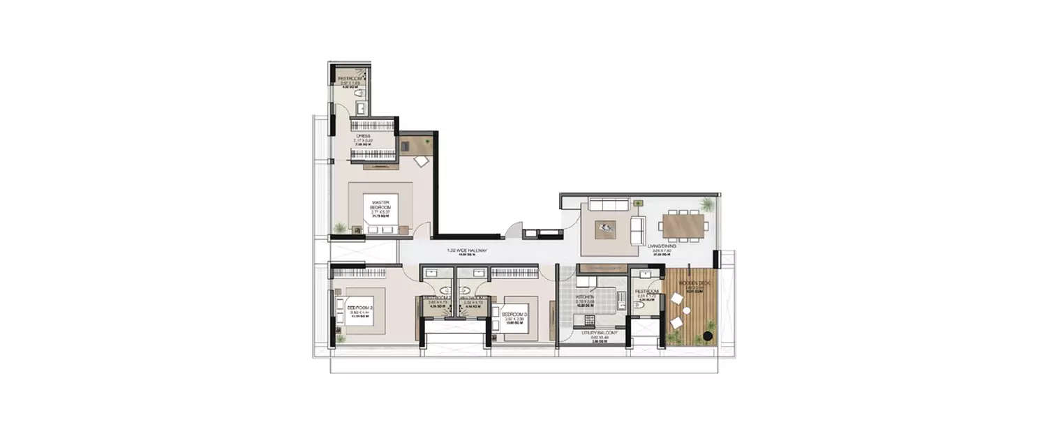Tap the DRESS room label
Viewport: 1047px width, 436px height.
[x=363, y=137]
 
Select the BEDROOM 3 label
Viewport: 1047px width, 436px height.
[x=514, y=315]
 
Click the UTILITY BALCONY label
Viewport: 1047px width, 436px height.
[x=600, y=333]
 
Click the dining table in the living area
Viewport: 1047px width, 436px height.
[x=683, y=227]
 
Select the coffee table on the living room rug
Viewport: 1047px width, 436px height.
[x=605, y=227]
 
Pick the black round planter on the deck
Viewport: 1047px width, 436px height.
[x=708, y=336]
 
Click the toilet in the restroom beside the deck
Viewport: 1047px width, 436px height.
[x=637, y=305]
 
